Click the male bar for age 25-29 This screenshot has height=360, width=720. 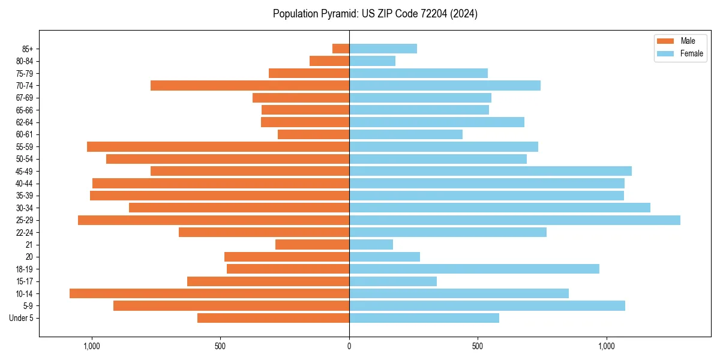[214, 220]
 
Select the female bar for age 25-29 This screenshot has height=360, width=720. [515, 220]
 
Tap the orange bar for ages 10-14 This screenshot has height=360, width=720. [209, 293]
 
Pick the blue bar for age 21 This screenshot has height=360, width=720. [371, 245]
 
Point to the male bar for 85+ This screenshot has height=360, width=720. [341, 49]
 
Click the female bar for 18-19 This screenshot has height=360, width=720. [474, 269]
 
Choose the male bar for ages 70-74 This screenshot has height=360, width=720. [250, 85]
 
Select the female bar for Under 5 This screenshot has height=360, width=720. [424, 318]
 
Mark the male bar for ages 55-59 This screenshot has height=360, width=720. [218, 146]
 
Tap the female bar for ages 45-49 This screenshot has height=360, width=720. [490, 171]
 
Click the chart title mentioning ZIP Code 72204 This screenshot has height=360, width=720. [375, 14]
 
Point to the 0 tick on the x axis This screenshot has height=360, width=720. [349, 346]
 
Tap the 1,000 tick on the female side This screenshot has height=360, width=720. [607, 346]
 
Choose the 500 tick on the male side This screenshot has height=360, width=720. [220, 346]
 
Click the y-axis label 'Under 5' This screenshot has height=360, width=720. [21, 318]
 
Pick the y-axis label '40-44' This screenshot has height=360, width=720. [25, 184]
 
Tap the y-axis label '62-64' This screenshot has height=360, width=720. [25, 122]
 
